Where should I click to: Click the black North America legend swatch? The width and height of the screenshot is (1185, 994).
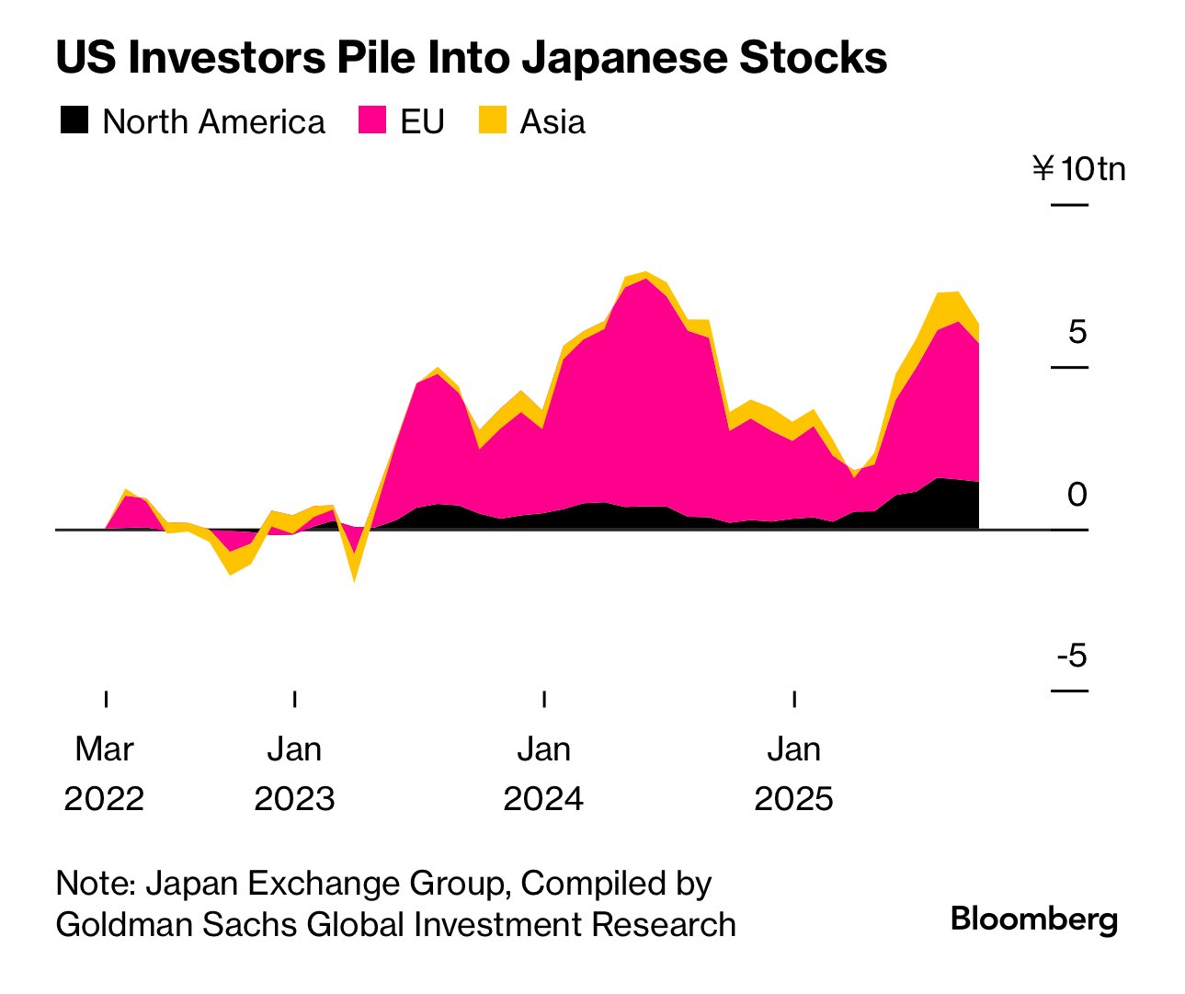tap(74, 120)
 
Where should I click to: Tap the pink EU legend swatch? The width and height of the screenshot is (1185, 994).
tap(371, 120)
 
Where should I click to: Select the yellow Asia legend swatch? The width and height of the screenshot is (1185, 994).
tap(493, 120)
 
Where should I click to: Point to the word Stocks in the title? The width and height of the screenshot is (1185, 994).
tap(814, 58)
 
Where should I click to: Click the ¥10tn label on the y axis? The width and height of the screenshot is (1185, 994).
tap(1078, 169)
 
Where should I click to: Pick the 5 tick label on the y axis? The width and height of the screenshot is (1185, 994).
tap(1077, 332)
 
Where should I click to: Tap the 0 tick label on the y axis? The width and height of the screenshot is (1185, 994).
tap(1077, 495)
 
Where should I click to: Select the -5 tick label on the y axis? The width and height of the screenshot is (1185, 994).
tap(1071, 657)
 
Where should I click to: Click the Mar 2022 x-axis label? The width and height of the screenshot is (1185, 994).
tap(105, 773)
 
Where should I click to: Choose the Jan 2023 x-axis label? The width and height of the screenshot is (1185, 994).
tap(294, 773)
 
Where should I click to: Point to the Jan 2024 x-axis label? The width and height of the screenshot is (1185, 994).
tap(544, 773)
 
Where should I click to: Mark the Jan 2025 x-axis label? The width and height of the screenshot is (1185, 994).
tap(794, 773)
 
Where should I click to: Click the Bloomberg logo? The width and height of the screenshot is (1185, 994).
tap(1034, 919)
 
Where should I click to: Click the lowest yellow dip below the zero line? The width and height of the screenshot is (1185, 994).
tap(354, 579)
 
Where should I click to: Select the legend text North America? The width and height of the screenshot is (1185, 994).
tap(213, 121)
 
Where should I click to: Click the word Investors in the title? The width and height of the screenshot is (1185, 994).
tap(226, 58)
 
